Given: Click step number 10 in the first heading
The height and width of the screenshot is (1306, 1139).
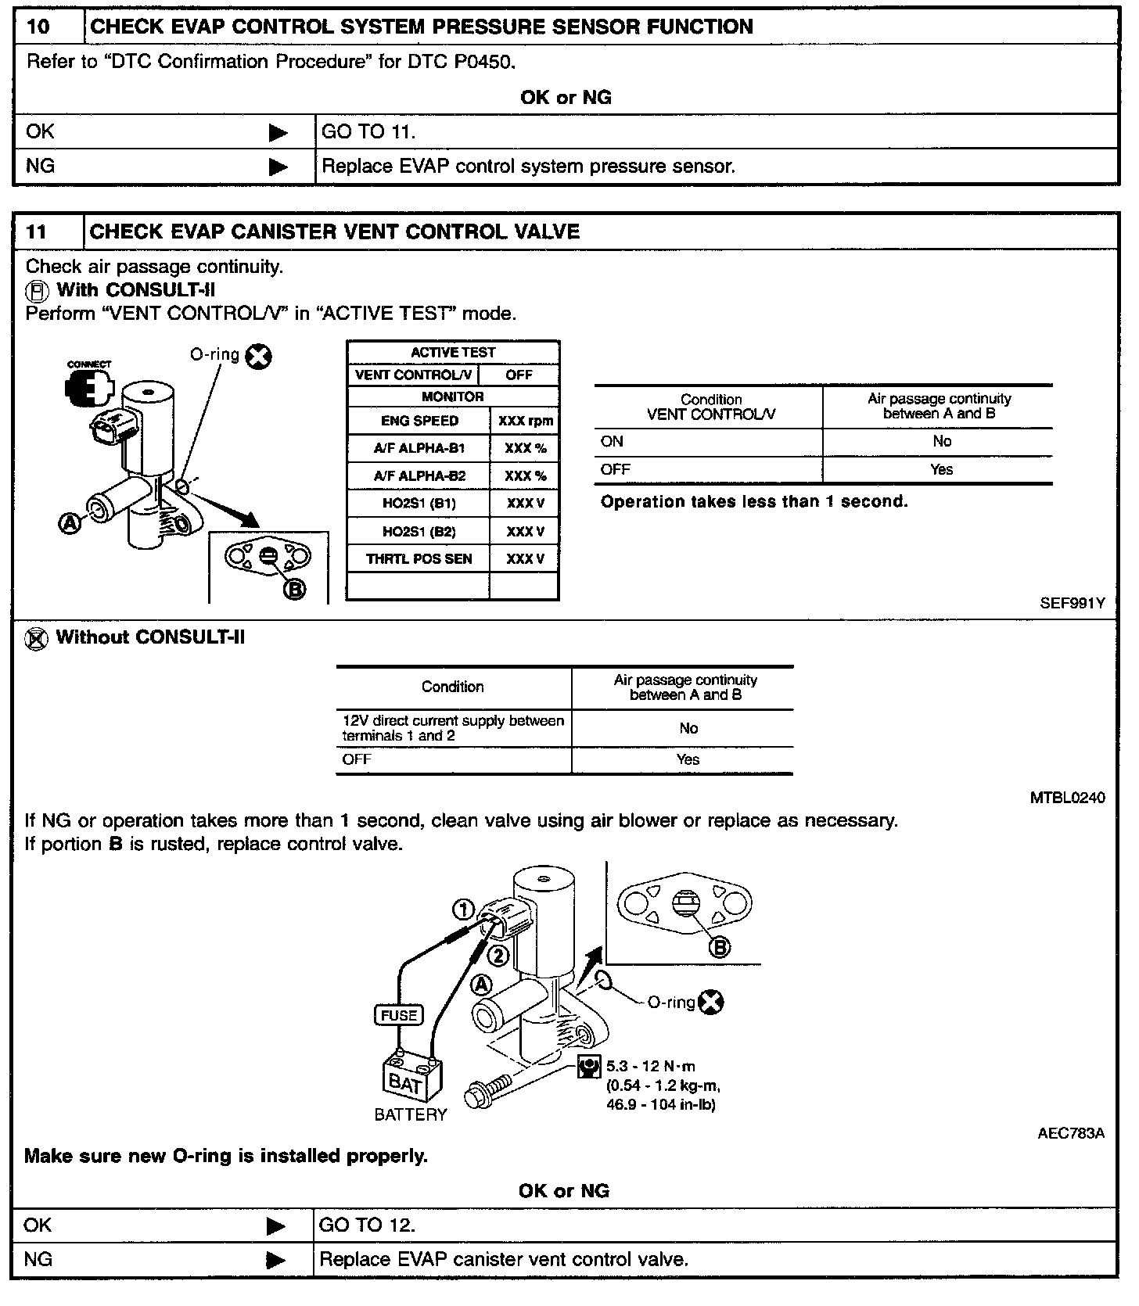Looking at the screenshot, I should tap(38, 27).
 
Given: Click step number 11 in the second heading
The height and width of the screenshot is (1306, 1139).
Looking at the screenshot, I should tap(37, 232).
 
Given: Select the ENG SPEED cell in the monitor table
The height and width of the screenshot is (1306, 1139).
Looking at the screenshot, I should tap(419, 421).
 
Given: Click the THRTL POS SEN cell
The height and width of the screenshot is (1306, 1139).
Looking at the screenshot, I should tap(419, 559).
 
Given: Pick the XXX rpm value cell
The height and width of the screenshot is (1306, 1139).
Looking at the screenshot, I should tap(525, 421).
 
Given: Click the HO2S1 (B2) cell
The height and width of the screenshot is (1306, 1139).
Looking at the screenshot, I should tap(419, 532).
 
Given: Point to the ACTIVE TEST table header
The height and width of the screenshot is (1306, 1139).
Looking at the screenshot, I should tap(453, 353).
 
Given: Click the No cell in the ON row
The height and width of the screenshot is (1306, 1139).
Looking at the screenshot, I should tap(942, 442).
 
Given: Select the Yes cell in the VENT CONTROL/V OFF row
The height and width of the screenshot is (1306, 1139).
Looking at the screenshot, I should tap(942, 470).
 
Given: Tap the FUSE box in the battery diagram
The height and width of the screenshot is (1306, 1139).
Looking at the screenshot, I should tap(399, 1015).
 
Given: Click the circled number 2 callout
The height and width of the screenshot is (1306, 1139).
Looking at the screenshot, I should tap(498, 955).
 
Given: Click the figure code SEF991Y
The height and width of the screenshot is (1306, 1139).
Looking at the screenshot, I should tap(1072, 603).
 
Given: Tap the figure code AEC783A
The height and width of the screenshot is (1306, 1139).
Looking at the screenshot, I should tap(1070, 1133).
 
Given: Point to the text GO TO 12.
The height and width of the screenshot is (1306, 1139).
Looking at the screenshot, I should tap(368, 1225).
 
